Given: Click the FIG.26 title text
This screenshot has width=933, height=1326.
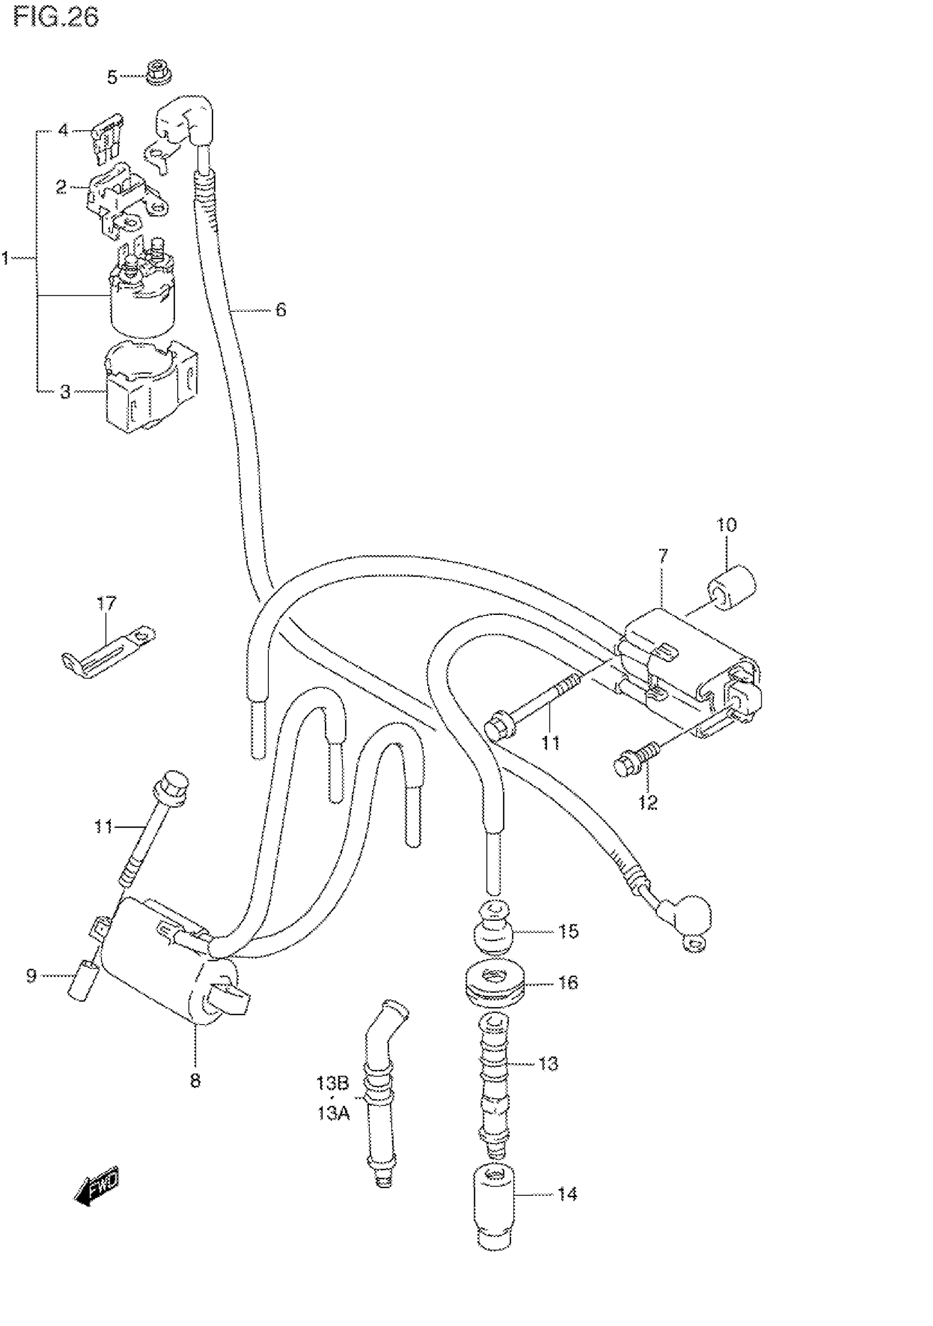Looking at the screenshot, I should pos(56,18).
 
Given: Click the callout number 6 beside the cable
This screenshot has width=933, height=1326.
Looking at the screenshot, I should pos(280,310).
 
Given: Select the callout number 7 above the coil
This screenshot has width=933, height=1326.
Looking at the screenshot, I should pos(663,557).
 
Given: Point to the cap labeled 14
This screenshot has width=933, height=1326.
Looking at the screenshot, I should pos(494,1205).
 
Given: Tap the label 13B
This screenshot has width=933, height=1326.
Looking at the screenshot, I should pos(333,1083).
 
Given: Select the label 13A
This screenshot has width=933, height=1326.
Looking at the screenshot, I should pos(334,1113).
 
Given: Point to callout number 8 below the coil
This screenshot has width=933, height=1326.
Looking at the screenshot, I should pos(195,1080).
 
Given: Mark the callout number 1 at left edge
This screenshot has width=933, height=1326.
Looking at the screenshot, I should pos(6,258).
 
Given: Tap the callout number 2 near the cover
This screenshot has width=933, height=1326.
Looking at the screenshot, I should pos(61,187).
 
